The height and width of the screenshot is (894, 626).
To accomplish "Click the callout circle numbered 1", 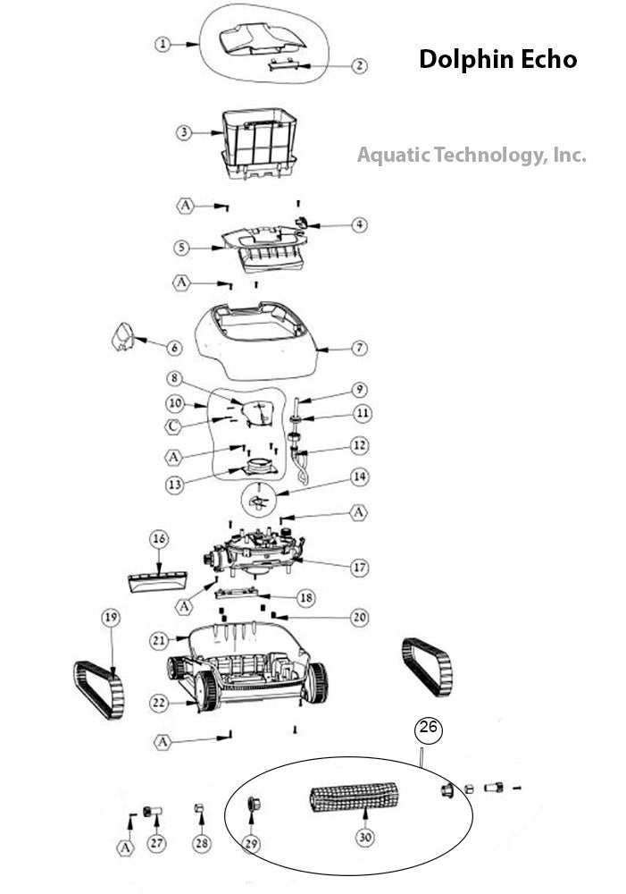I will tap(162, 43).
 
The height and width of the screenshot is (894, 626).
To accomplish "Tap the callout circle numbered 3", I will tap(183, 131).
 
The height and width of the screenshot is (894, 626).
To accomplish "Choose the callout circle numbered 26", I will tap(429, 729).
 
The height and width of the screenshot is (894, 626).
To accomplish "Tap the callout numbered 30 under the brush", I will tap(363, 838).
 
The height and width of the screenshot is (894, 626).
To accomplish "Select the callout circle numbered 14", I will tap(360, 478).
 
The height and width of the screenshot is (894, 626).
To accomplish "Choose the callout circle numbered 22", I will tap(158, 704).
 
